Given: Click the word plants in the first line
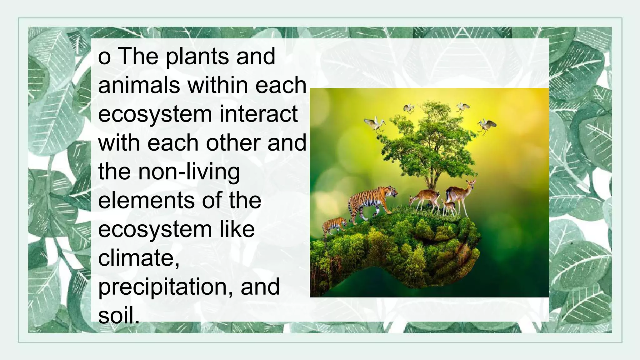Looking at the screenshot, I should tap(198, 57).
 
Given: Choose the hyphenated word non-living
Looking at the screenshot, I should tap(189, 172).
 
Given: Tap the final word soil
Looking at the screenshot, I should tap(119, 315).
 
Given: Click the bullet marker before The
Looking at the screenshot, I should tap(104, 57).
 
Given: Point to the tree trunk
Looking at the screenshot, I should tap(433, 178).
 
